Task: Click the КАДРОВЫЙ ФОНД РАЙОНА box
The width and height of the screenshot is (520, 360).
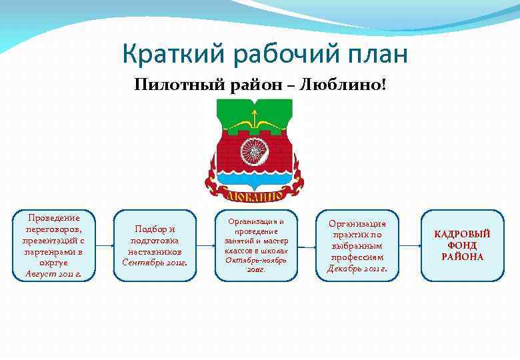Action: tap(462, 245)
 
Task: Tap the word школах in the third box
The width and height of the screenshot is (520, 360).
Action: tap(274, 251)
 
